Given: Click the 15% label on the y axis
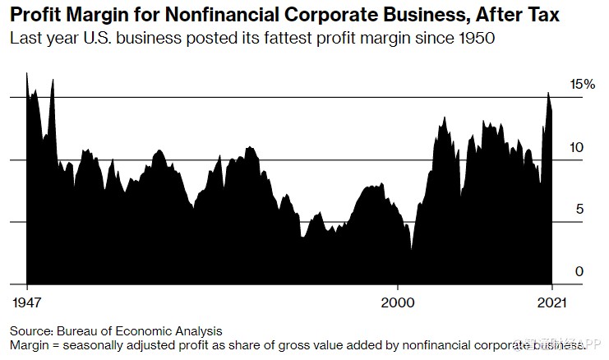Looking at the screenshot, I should click(x=582, y=85).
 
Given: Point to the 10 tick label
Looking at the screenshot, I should click(x=578, y=147).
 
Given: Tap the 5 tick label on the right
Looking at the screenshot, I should click(x=579, y=210).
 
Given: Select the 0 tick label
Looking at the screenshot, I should click(x=579, y=272).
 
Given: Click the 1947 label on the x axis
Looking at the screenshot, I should click(x=29, y=302).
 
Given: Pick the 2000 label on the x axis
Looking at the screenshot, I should click(x=399, y=302).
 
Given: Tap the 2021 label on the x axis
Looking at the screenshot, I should click(x=550, y=302).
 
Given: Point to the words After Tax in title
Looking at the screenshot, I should click(x=519, y=16).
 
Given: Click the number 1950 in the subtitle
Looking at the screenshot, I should click(x=475, y=39).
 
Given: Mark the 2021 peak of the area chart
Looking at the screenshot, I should click(x=548, y=93).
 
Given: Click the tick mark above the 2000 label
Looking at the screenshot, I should click(x=399, y=288).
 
